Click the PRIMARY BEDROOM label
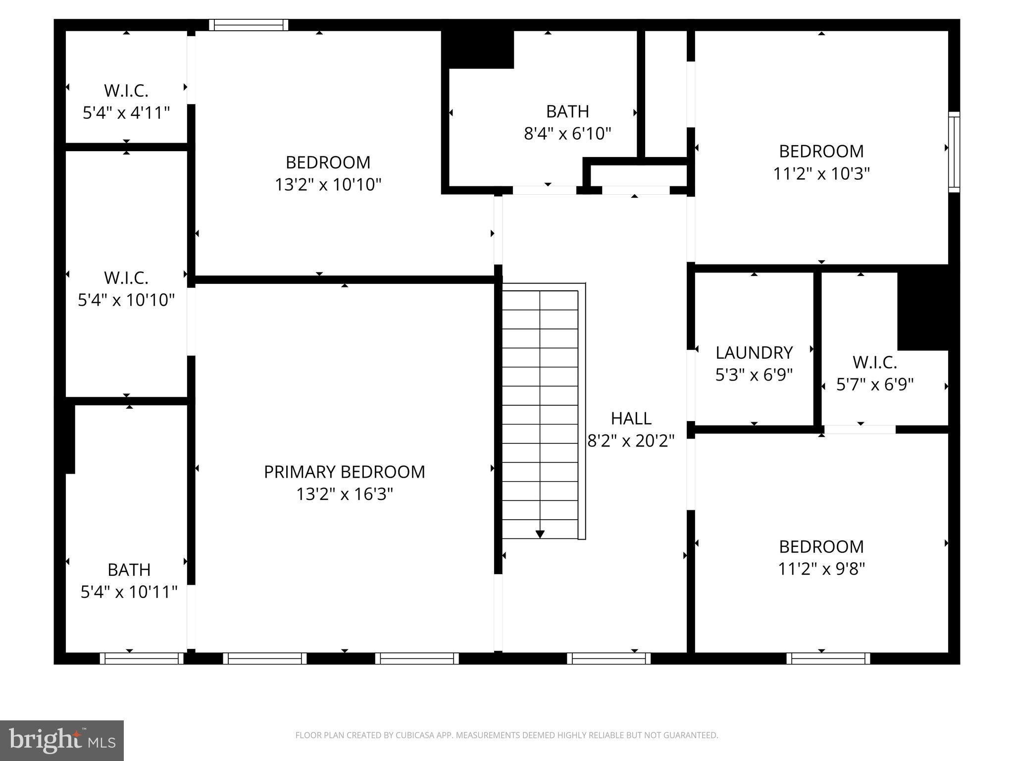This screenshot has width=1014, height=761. pos(344,472)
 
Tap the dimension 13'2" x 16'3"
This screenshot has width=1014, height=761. pos(344,494)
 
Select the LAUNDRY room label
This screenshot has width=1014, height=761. pos(754,353)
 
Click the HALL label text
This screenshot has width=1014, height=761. pos(631,419)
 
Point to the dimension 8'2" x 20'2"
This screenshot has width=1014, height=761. pos(631,440)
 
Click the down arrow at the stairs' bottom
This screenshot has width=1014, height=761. pos(540,534)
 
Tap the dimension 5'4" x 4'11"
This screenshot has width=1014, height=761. pos(126,113)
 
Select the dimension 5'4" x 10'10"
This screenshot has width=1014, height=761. pos(126,300)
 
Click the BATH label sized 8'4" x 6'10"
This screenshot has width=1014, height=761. pos(567,111)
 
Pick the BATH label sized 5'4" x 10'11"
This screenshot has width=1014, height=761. pos(129,570)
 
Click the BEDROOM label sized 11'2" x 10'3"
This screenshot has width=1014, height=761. pos(821,151)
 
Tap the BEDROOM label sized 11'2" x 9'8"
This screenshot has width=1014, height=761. pos(821,546)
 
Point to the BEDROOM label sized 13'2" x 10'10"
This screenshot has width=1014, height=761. pos(328,163)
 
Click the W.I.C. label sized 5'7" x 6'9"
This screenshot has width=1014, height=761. pos(874,363)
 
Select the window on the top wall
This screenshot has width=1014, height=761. pos(248,25)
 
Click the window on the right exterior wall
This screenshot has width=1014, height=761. pos(954,152)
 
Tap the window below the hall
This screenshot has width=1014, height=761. pos(608,658)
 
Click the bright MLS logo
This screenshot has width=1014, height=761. pos(62,740)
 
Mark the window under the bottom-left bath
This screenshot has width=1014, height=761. pos(142,658)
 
